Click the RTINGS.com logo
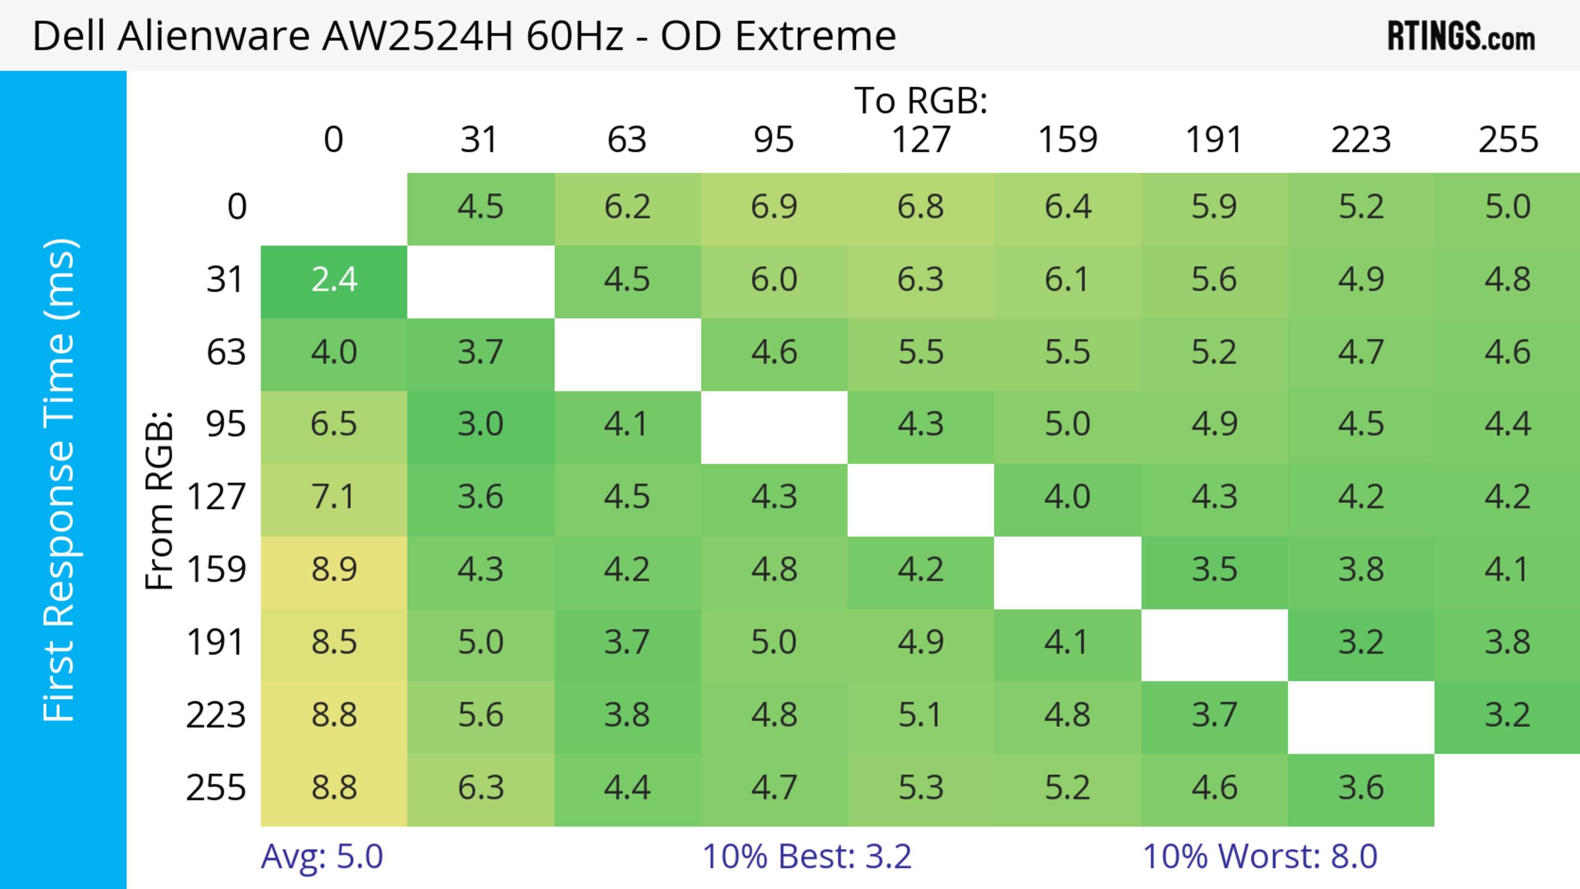[x=1461, y=36]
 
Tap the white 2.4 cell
[x=334, y=280]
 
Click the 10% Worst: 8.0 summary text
[x=1260, y=857]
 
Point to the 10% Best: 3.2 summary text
[x=806, y=857]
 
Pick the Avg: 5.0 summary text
[x=322, y=857]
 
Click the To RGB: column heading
[x=921, y=100]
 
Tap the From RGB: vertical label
[x=160, y=500]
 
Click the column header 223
[x=1360, y=140]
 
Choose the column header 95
[x=774, y=140]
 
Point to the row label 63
[x=226, y=353]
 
